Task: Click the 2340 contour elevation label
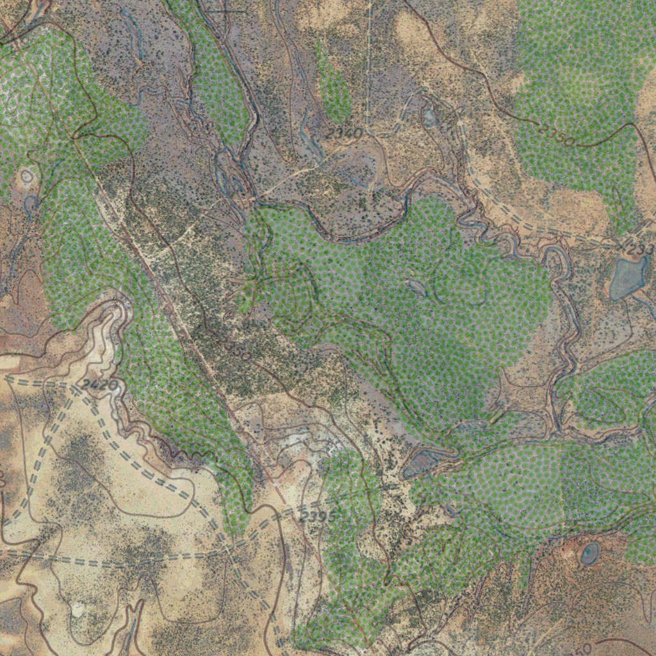(344, 134)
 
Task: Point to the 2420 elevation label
(100, 385)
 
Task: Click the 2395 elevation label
(318, 516)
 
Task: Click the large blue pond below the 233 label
(627, 278)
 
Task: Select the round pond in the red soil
(589, 553)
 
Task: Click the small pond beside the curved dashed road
(430, 117)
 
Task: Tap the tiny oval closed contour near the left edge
(27, 176)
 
